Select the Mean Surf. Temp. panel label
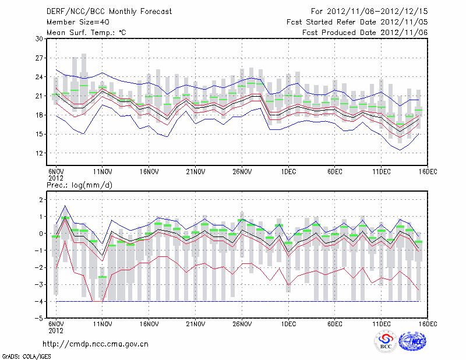[86, 32]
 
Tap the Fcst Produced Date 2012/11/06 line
[365, 32]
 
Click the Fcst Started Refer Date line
[357, 22]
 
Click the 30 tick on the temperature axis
[40, 39]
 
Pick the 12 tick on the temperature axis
[40, 153]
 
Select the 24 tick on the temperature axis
[40, 77]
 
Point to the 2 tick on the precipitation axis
[41, 200]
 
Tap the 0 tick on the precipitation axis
[41, 234]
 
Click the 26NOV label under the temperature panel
[242, 172]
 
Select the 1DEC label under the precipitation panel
[288, 324]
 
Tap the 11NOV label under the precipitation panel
[103, 324]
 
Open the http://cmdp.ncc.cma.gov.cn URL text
[96, 344]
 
